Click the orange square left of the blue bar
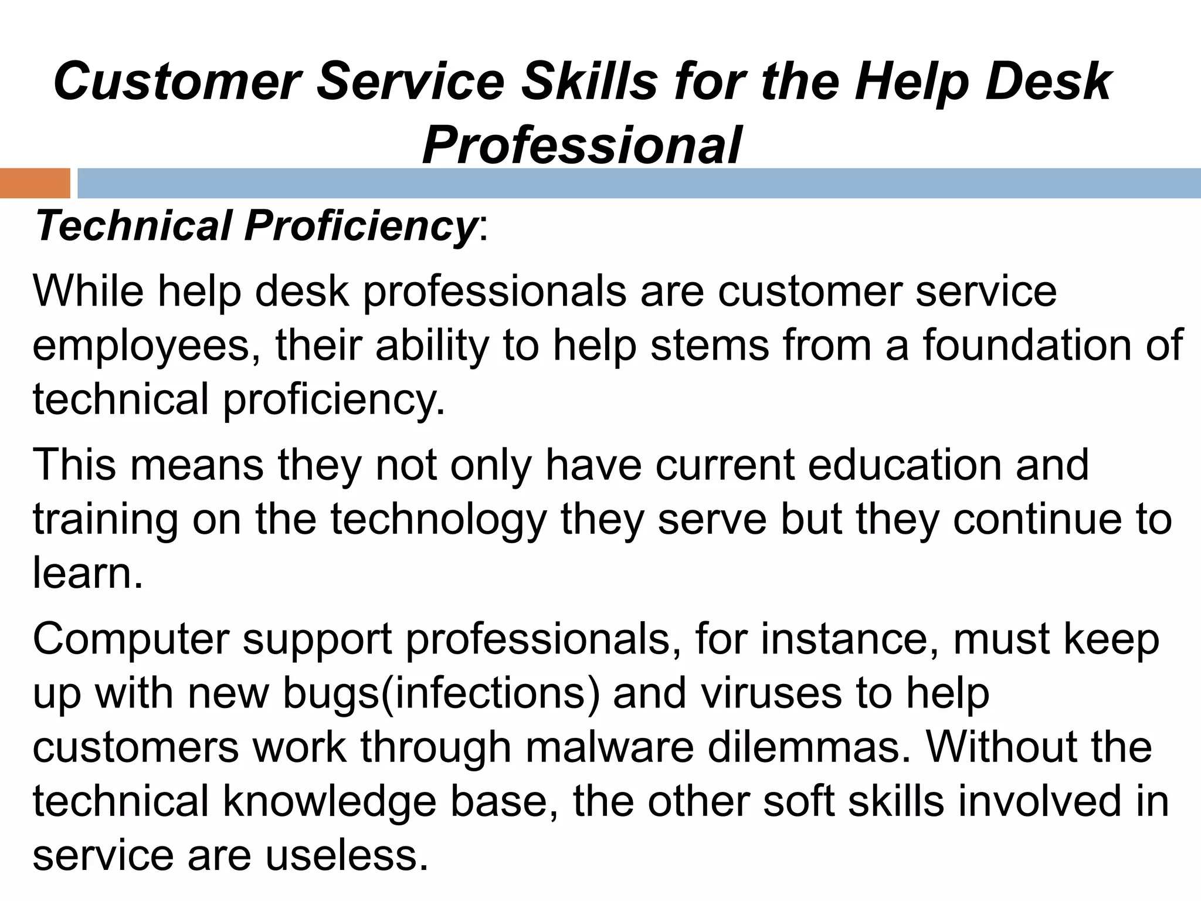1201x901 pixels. [x=35, y=183]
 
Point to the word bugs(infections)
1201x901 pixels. [x=441, y=693]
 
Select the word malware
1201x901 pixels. [x=609, y=747]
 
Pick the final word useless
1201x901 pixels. [x=347, y=856]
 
